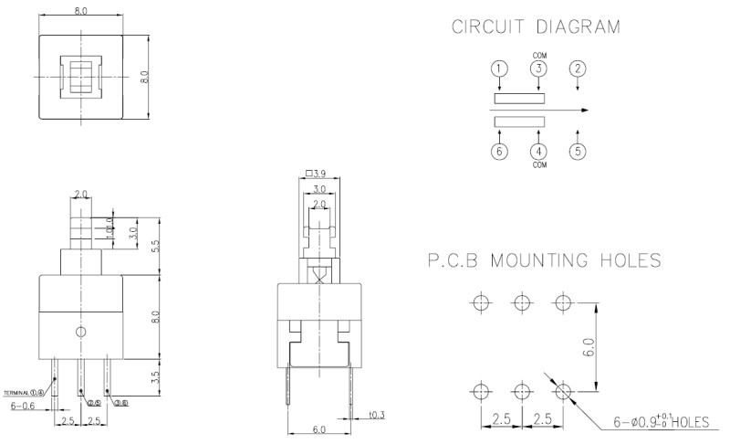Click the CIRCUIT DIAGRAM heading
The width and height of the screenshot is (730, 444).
[x=536, y=28]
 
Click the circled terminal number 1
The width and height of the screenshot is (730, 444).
[x=498, y=69]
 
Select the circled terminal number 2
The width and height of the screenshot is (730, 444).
[x=578, y=69]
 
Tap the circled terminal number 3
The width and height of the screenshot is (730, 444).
[x=538, y=69]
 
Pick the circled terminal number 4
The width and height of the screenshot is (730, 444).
[x=538, y=152]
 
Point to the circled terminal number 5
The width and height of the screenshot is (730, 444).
[x=578, y=152]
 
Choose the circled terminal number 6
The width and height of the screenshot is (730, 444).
[x=498, y=152]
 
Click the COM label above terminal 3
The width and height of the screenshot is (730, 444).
[x=538, y=54]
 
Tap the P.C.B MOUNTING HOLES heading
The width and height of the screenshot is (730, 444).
[x=544, y=262]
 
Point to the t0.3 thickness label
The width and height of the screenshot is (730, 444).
[x=377, y=416]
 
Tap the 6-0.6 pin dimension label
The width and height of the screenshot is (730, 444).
[x=25, y=406]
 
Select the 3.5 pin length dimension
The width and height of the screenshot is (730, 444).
[x=155, y=375]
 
